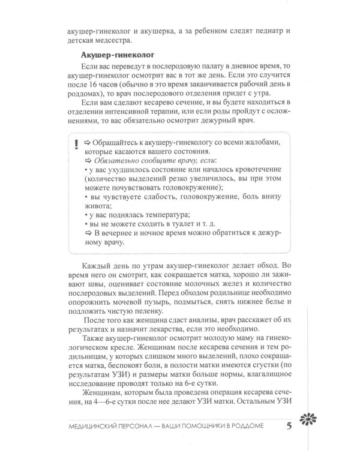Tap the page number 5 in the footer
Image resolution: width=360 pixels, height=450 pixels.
pos(289,427)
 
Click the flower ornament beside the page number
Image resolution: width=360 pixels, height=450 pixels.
pos(315,425)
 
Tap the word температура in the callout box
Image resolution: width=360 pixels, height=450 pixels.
pos(164,214)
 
